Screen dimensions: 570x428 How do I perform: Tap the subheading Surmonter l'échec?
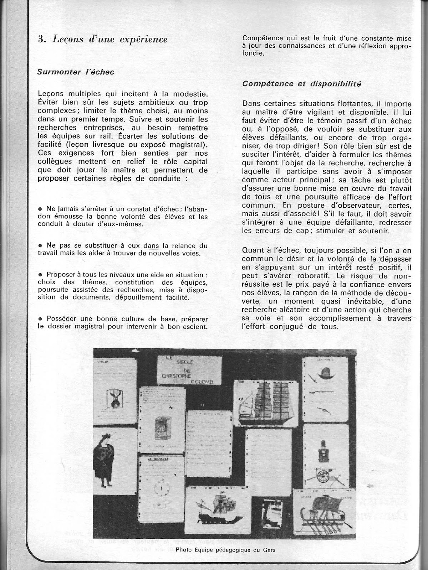(x=76, y=72)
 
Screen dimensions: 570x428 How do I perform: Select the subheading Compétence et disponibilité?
(x=301, y=84)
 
